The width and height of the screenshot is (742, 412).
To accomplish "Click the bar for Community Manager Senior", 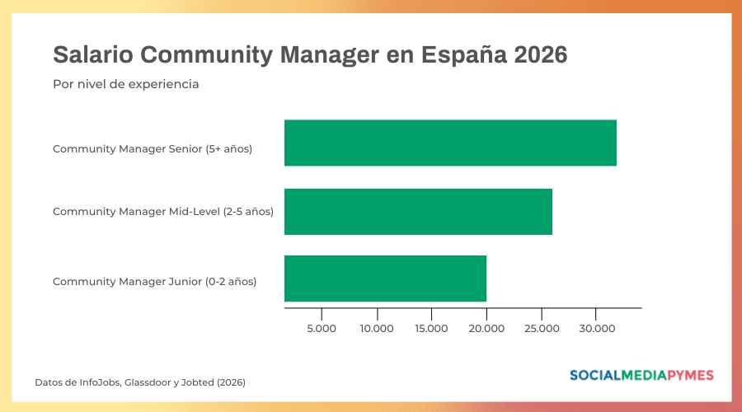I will pos(450,143).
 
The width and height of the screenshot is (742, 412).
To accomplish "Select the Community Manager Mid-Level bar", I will pos(418,211).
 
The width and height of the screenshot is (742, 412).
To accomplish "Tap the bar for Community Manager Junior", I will pos(385,279).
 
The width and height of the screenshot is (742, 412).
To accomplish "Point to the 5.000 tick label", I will pos(322,329).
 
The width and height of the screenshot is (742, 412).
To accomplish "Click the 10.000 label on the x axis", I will pos(377,329).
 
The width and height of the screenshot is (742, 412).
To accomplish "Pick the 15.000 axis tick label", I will pos(431,329).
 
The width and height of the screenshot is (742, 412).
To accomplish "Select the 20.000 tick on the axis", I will pos(486,329).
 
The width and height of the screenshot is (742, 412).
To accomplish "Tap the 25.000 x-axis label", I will pos(541,329).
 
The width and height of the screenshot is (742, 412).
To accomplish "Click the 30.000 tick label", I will pos(596,329).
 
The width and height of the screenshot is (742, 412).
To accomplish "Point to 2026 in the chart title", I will pos(540,55).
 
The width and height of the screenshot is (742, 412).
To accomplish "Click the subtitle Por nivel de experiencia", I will pos(125,84).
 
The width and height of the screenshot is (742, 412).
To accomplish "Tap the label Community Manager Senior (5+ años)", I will pos(152,149).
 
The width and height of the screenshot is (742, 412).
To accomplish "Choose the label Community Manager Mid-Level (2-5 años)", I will pos(162,211).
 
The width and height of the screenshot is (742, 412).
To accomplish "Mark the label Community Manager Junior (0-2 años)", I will pos(154,281).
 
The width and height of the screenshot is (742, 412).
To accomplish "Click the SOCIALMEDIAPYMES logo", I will pos(641,376).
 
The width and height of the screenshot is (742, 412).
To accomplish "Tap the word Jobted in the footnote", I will pos(200,382).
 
